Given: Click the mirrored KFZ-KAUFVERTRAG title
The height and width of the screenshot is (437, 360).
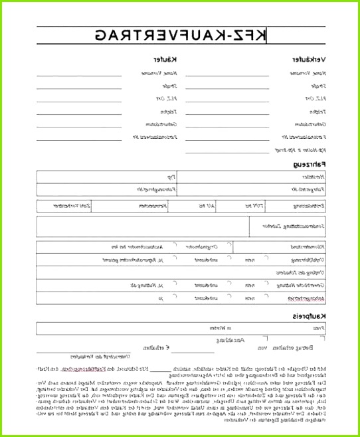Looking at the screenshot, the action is click(180, 35).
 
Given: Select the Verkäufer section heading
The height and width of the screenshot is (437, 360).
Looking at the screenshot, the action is click(309, 60).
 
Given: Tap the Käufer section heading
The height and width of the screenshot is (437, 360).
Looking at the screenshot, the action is click(159, 60).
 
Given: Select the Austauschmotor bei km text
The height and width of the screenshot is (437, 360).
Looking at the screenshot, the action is click(139, 247).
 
